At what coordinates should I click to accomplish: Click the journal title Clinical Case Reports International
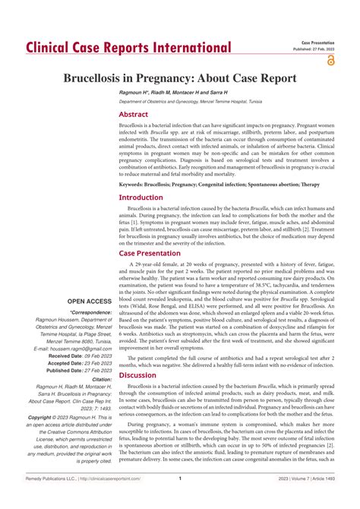(x=128, y=48)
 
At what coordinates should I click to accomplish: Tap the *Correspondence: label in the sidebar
(x=91, y=312)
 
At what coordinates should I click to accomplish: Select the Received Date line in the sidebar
(x=80, y=356)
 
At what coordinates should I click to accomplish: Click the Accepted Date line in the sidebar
(x=80, y=363)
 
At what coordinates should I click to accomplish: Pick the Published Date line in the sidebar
(x=80, y=371)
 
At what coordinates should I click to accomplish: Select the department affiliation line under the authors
(x=200, y=101)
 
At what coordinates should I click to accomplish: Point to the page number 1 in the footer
(x=179, y=500)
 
